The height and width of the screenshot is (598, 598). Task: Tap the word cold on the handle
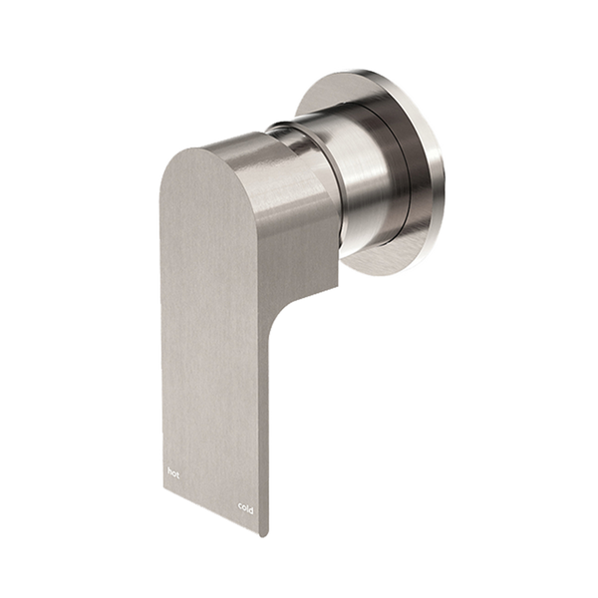246,509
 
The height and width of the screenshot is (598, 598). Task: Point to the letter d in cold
252,510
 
